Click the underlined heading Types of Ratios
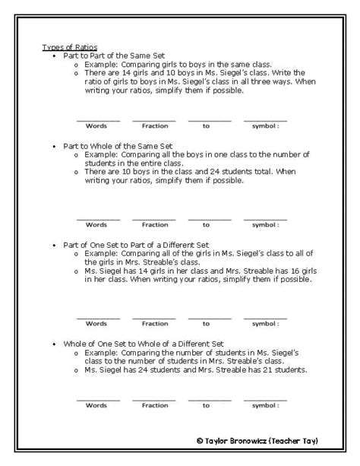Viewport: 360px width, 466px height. tap(69, 48)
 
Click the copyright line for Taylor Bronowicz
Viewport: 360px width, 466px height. tap(257, 440)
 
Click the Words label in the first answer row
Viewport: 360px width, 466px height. tap(96, 125)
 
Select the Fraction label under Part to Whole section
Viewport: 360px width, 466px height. tap(154, 224)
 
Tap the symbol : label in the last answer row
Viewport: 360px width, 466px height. tap(266, 405)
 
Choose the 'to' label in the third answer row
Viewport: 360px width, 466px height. tap(206, 324)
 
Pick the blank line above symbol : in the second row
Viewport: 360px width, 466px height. tap(265, 219)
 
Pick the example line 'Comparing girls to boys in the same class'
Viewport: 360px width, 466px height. tap(168, 65)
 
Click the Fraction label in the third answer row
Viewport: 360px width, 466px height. tap(154, 324)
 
